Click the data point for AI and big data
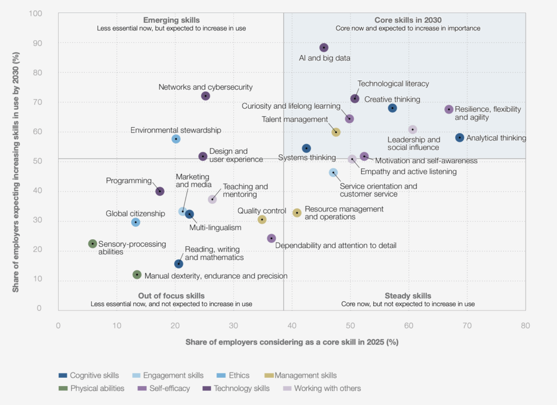(x=324, y=48)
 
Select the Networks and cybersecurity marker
(x=206, y=96)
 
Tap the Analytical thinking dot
(x=460, y=138)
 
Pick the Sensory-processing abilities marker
(x=92, y=244)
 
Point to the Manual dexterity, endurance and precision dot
(x=137, y=275)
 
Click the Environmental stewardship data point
(x=176, y=139)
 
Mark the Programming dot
(x=160, y=191)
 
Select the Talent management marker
(x=336, y=132)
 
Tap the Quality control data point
(x=262, y=220)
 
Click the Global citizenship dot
(x=136, y=222)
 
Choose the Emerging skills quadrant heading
(x=171, y=20)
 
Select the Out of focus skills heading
(x=171, y=296)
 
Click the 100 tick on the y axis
(x=43, y=14)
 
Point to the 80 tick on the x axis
(x=525, y=326)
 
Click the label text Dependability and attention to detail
(x=336, y=246)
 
